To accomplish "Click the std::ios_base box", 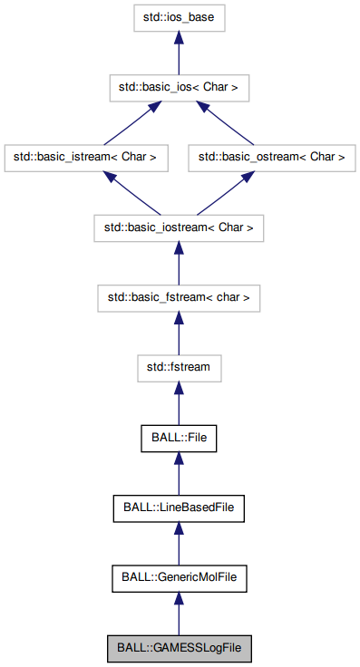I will [x=179, y=16].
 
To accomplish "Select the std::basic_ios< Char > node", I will [x=179, y=87].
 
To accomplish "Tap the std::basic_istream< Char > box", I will [x=85, y=157].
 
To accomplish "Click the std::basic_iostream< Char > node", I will [x=179, y=227].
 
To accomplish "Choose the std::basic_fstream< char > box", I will [x=179, y=296].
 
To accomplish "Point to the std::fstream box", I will [x=179, y=367].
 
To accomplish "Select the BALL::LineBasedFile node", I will [x=179, y=507].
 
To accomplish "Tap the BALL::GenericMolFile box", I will [x=179, y=576].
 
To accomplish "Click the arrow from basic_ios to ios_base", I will [x=179, y=54].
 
